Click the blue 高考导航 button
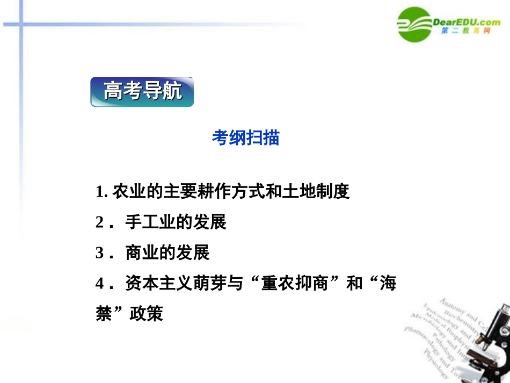(142, 92)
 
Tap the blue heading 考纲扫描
(245, 138)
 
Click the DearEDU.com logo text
(466, 21)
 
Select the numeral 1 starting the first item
(99, 191)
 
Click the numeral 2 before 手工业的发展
(99, 222)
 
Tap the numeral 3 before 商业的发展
(99, 253)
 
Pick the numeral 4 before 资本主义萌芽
(99, 284)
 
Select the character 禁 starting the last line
(104, 314)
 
